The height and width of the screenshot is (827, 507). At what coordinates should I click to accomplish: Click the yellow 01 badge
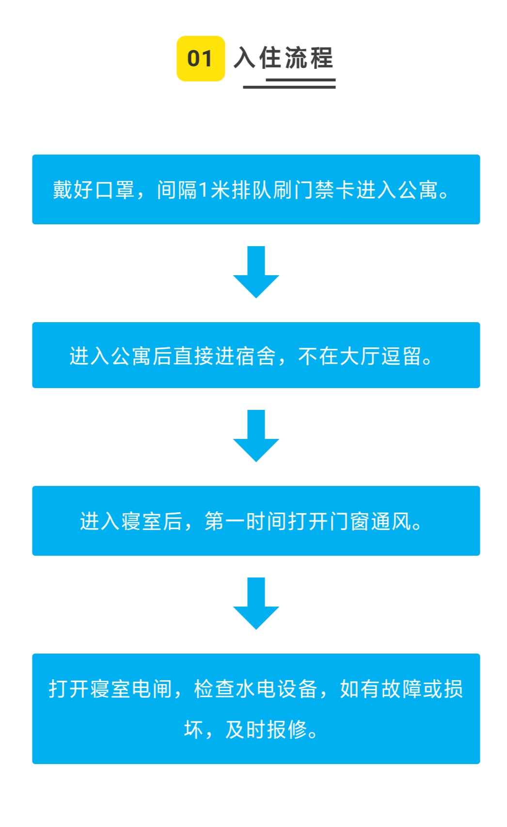pos(200,59)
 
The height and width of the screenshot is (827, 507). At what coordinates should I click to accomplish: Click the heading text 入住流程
pos(284,58)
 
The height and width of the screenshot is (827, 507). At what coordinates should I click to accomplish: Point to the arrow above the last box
pos(256,604)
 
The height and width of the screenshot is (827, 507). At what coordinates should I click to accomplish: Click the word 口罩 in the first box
pos(114,190)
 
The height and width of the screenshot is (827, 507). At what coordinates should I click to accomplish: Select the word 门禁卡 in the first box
pos(324,190)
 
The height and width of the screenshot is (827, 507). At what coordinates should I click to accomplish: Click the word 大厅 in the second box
pos(359,356)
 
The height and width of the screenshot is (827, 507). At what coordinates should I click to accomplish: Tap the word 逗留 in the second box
pos(401,356)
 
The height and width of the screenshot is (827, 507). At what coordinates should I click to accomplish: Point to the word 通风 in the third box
pos(392,522)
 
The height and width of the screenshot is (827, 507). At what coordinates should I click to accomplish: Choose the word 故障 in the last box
pos(402,688)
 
